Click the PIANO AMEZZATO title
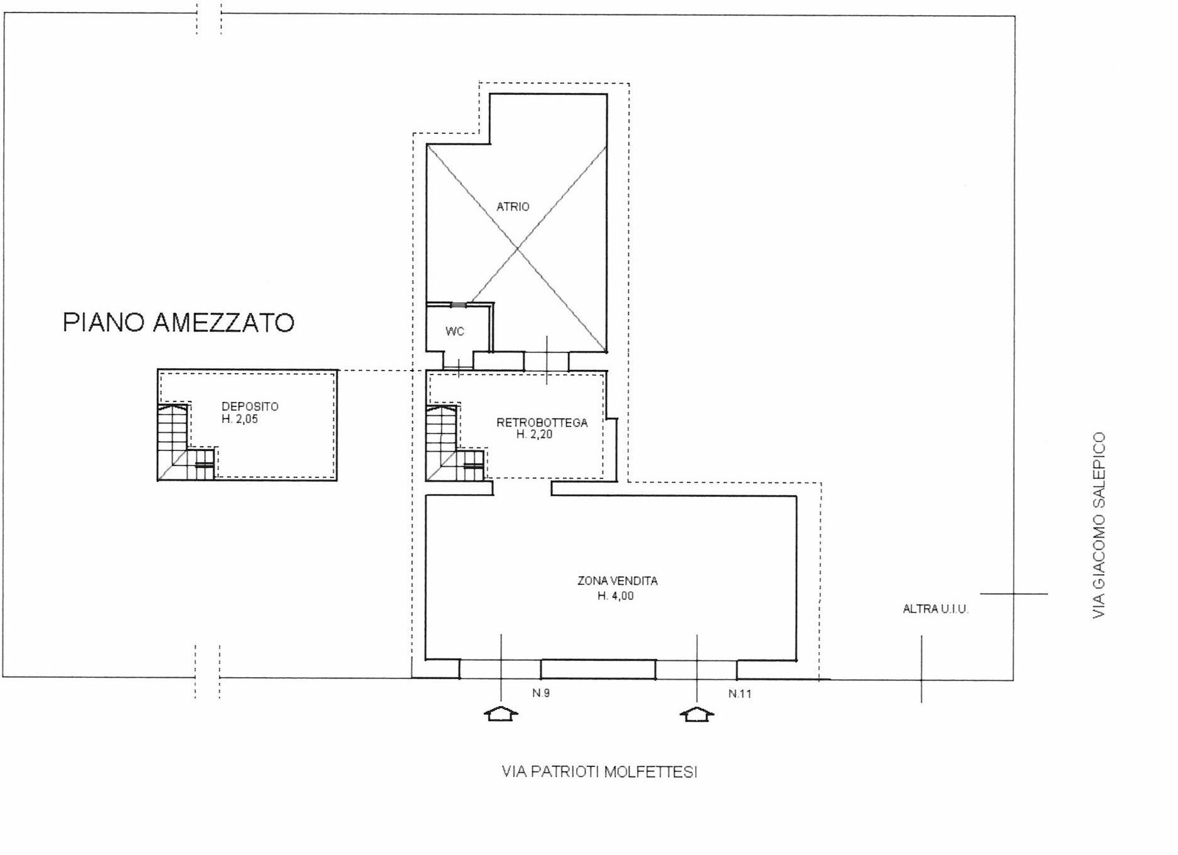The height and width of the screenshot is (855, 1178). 178,322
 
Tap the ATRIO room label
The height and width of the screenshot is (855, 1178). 513,207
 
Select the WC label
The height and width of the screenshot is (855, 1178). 455,331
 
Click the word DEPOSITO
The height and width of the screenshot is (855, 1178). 250,406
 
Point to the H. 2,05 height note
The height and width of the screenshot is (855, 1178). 240,419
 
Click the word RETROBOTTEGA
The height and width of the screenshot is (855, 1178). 542,423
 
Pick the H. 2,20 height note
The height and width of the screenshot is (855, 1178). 535,434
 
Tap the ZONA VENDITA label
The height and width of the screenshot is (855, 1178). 618,581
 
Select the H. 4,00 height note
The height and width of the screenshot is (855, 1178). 616,596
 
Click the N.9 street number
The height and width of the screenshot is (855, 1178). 541,693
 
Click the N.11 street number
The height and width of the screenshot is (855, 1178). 740,694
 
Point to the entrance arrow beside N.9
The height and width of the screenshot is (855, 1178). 501,714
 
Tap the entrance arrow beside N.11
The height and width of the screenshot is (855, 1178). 697,714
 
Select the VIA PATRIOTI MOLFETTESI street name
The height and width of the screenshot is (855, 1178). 599,771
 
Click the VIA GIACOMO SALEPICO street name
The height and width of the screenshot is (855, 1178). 1098,525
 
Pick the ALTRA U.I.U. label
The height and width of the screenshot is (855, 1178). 935,609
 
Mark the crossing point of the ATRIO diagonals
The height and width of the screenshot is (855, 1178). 517,249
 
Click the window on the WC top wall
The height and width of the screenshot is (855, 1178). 459,305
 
